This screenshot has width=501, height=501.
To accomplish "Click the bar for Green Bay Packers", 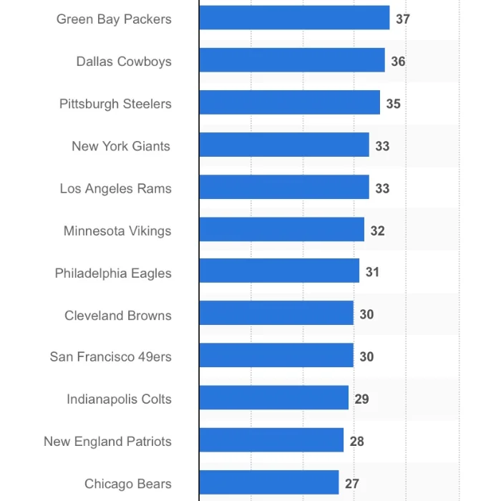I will pos(294,18).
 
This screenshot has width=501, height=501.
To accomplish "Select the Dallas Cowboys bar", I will pos(292,61).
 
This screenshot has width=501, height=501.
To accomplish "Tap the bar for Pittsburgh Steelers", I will pos(289,103).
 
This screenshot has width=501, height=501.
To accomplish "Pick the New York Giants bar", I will pos(284,145).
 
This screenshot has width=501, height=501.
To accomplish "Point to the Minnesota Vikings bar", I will pos(281,230).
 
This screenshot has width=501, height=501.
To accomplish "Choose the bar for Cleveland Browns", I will pos(276,313).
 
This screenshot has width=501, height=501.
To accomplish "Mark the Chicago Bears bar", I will pos(269,483).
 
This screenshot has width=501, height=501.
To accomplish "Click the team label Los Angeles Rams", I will pos(115,188).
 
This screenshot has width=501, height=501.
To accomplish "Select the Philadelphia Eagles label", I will pos(113,273).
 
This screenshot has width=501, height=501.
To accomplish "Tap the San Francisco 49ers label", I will pos(110,356).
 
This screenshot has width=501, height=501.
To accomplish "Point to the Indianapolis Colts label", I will pos(119,399).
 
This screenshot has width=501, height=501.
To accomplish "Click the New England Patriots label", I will pos(107,441).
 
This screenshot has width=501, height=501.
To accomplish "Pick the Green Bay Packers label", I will pos(114,19).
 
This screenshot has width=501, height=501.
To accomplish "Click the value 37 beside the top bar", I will pos(403,19).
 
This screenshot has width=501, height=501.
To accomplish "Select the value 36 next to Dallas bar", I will pos(398,61).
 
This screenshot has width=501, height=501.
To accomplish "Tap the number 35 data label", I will pos(393,103).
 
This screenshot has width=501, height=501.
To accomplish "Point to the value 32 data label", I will pos(377,230).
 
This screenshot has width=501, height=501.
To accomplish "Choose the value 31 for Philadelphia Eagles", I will pos(372,272).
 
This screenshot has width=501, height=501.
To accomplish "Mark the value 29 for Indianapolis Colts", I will pos(361,399).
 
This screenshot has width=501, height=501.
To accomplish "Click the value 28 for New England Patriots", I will pos(356,441).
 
